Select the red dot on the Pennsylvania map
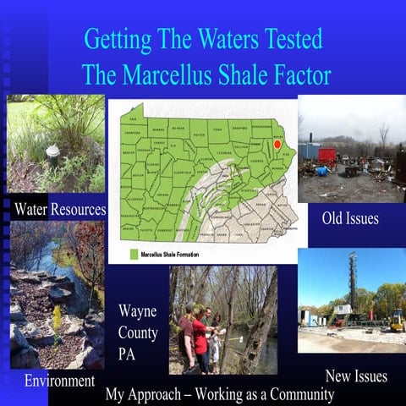pyautogui.click(x=277, y=145)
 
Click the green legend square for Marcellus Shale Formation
pyautogui.click(x=133, y=253)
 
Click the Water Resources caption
pyautogui.click(x=59, y=208)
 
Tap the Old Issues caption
pyautogui.click(x=349, y=219)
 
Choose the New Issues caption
pyautogui.click(x=356, y=376)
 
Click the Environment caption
pyautogui.click(x=59, y=381)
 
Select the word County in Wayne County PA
pyautogui.click(x=138, y=332)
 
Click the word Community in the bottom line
pyautogui.click(x=295, y=395)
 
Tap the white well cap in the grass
pyautogui.click(x=52, y=153)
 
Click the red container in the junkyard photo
pyautogui.click(x=326, y=156)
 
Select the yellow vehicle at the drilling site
pyautogui.click(x=395, y=321)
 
